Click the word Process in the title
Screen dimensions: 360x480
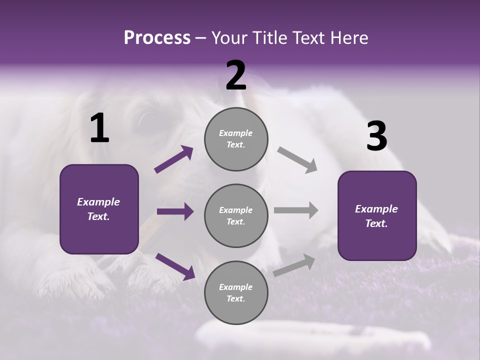(157, 37)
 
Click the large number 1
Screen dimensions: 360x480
(99, 128)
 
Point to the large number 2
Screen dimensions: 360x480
(236, 75)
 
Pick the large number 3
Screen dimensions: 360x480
(376, 136)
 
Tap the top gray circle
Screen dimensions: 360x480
(236, 139)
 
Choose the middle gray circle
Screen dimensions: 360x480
(236, 215)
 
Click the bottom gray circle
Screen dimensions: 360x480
(236, 292)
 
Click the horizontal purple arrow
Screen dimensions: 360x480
(175, 211)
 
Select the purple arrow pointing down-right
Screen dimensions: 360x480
(175, 266)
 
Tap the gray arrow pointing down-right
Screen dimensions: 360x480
(297, 160)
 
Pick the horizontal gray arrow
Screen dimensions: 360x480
(296, 210)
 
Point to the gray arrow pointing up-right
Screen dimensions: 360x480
(294, 265)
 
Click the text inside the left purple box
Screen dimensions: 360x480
(98, 209)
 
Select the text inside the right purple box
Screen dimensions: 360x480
(376, 216)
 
